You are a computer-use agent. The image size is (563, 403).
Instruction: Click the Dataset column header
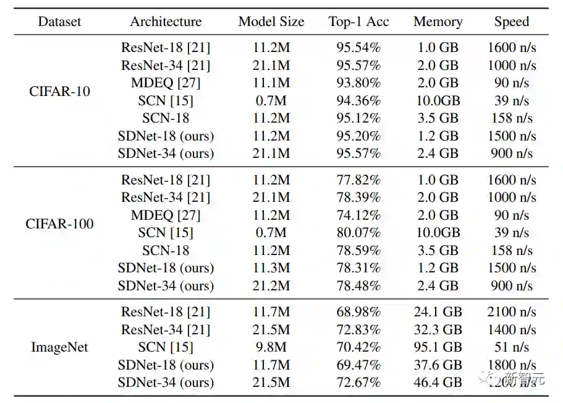coord(59,22)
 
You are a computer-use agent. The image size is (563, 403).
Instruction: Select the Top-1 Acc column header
coord(358,22)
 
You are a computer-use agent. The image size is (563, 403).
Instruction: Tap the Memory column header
coord(438,22)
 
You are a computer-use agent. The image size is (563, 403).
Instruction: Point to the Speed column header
coord(512,22)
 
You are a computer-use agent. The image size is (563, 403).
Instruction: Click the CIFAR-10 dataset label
coord(59,92)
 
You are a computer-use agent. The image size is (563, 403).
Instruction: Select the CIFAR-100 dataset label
coord(59,224)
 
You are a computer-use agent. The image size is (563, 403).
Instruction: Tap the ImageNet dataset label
coord(59,347)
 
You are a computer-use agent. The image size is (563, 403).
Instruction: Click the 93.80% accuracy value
coord(358,83)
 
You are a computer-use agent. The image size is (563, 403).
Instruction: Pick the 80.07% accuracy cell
coord(358,233)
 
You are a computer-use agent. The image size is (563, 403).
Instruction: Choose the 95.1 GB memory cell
coord(438,347)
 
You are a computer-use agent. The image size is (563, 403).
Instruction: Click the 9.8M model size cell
coord(271,347)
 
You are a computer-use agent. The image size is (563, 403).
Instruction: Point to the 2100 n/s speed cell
coord(512,312)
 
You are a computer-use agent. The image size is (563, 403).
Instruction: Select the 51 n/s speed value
coord(512,347)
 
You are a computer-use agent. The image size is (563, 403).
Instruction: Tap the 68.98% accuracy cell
coord(358,312)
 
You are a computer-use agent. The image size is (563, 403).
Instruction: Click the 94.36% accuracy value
coord(358,100)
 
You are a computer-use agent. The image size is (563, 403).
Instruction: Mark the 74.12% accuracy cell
coord(358,215)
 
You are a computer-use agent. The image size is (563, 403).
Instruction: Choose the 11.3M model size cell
coord(271,268)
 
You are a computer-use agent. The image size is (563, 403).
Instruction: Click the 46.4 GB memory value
coord(438,383)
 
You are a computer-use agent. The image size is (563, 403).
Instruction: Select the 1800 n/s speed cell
coord(512,365)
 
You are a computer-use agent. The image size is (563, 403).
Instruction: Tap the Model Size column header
coord(271,22)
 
